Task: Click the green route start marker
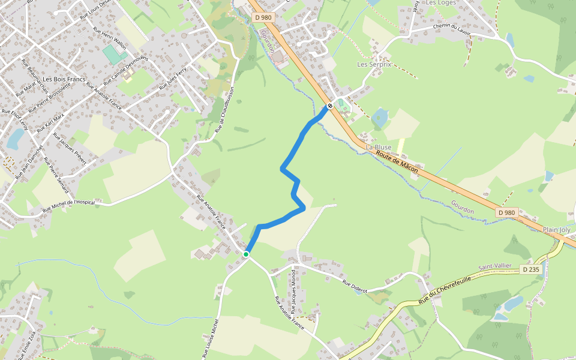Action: click(x=246, y=254)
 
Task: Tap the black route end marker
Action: click(x=329, y=106)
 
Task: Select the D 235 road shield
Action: click(x=531, y=270)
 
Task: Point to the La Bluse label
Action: click(x=379, y=147)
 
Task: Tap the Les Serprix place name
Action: click(x=374, y=64)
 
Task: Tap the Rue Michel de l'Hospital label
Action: click(x=69, y=206)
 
